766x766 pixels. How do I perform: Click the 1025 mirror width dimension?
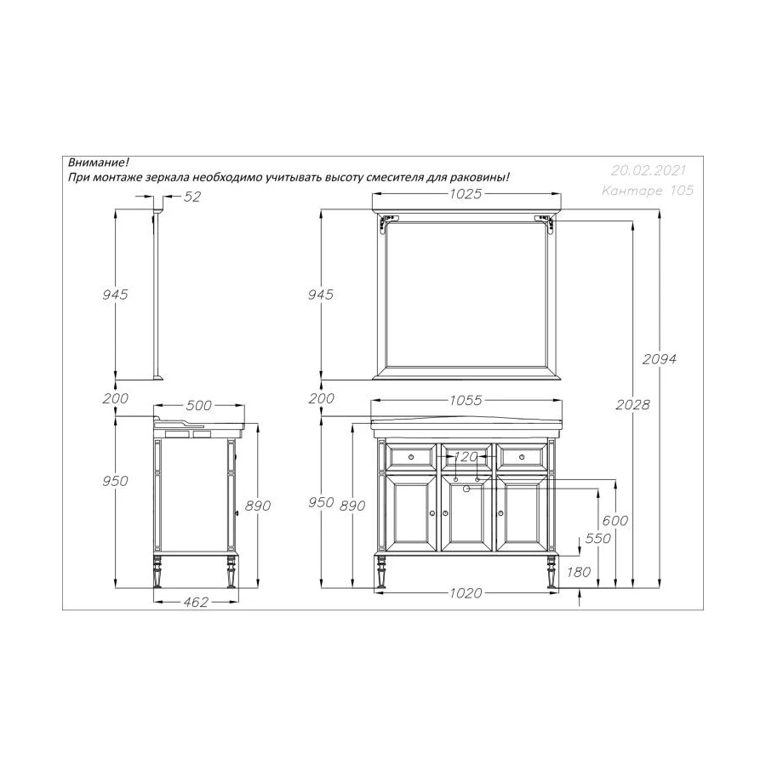(466, 194)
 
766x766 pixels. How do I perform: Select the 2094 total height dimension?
(660, 358)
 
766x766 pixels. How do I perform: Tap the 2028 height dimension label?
(632, 404)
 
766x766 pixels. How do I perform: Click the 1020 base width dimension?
(466, 593)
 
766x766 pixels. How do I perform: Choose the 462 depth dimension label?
(196, 603)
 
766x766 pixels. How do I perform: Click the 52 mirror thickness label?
(192, 197)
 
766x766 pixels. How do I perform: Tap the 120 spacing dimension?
(466, 455)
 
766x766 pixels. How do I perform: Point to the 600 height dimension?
(615, 521)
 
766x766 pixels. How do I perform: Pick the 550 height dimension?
(598, 539)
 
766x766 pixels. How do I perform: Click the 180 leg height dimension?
(578, 572)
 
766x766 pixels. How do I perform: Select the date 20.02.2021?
(648, 170)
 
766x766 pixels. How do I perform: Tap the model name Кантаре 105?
(647, 191)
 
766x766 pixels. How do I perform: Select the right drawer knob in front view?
(523, 458)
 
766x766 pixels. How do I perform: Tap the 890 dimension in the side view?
(256, 506)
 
